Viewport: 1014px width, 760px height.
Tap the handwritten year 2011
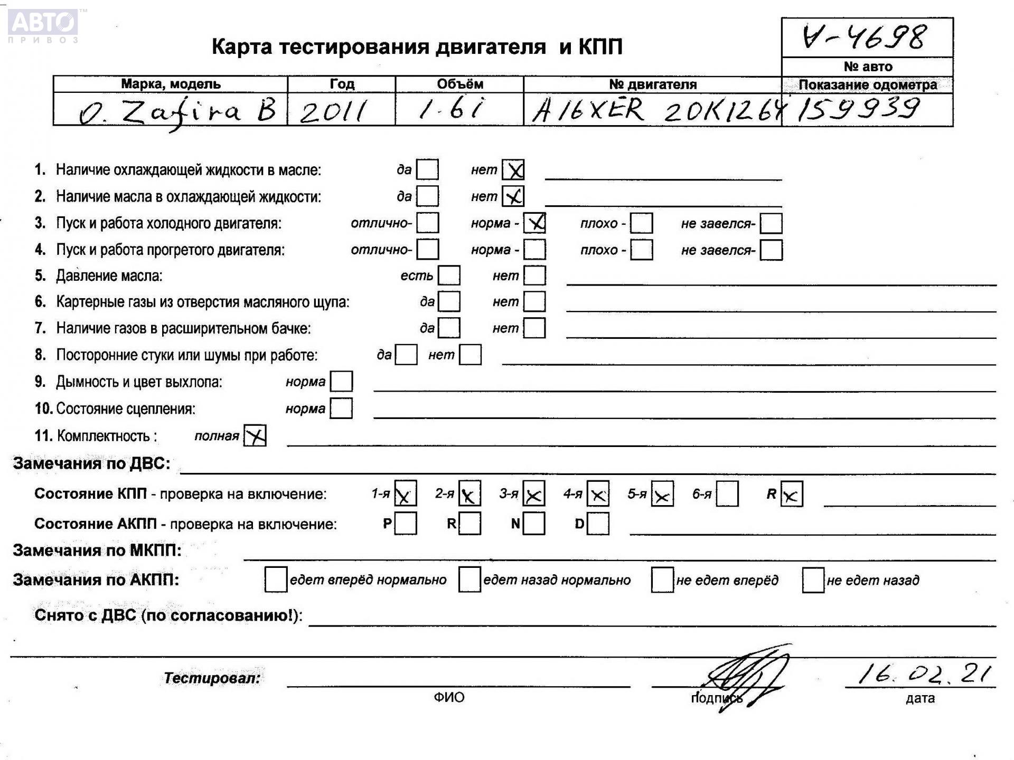pyautogui.click(x=333, y=111)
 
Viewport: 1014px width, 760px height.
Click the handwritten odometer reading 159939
pyautogui.click(x=859, y=110)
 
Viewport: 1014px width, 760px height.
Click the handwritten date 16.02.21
pyautogui.click(x=924, y=674)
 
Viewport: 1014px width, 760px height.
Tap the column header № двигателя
pyautogui.click(x=652, y=84)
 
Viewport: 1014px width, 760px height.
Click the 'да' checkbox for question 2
pyautogui.click(x=427, y=196)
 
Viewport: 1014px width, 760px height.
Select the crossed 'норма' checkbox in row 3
pyautogui.click(x=535, y=223)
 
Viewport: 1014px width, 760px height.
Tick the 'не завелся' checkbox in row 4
pyautogui.click(x=771, y=250)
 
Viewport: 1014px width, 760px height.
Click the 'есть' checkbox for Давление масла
pyautogui.click(x=449, y=275)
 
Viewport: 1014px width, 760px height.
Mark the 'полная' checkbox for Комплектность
pyautogui.click(x=255, y=435)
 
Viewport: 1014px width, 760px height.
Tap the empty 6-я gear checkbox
pyautogui.click(x=727, y=494)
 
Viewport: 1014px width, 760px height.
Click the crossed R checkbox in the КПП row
pyautogui.click(x=791, y=495)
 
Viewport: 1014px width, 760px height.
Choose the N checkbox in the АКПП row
pyautogui.click(x=534, y=524)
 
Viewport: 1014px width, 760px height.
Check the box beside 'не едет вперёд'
pyautogui.click(x=662, y=580)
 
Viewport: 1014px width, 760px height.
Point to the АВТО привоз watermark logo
pyautogui.click(x=44, y=25)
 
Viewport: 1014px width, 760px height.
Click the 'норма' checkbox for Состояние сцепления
pyautogui.click(x=341, y=408)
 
